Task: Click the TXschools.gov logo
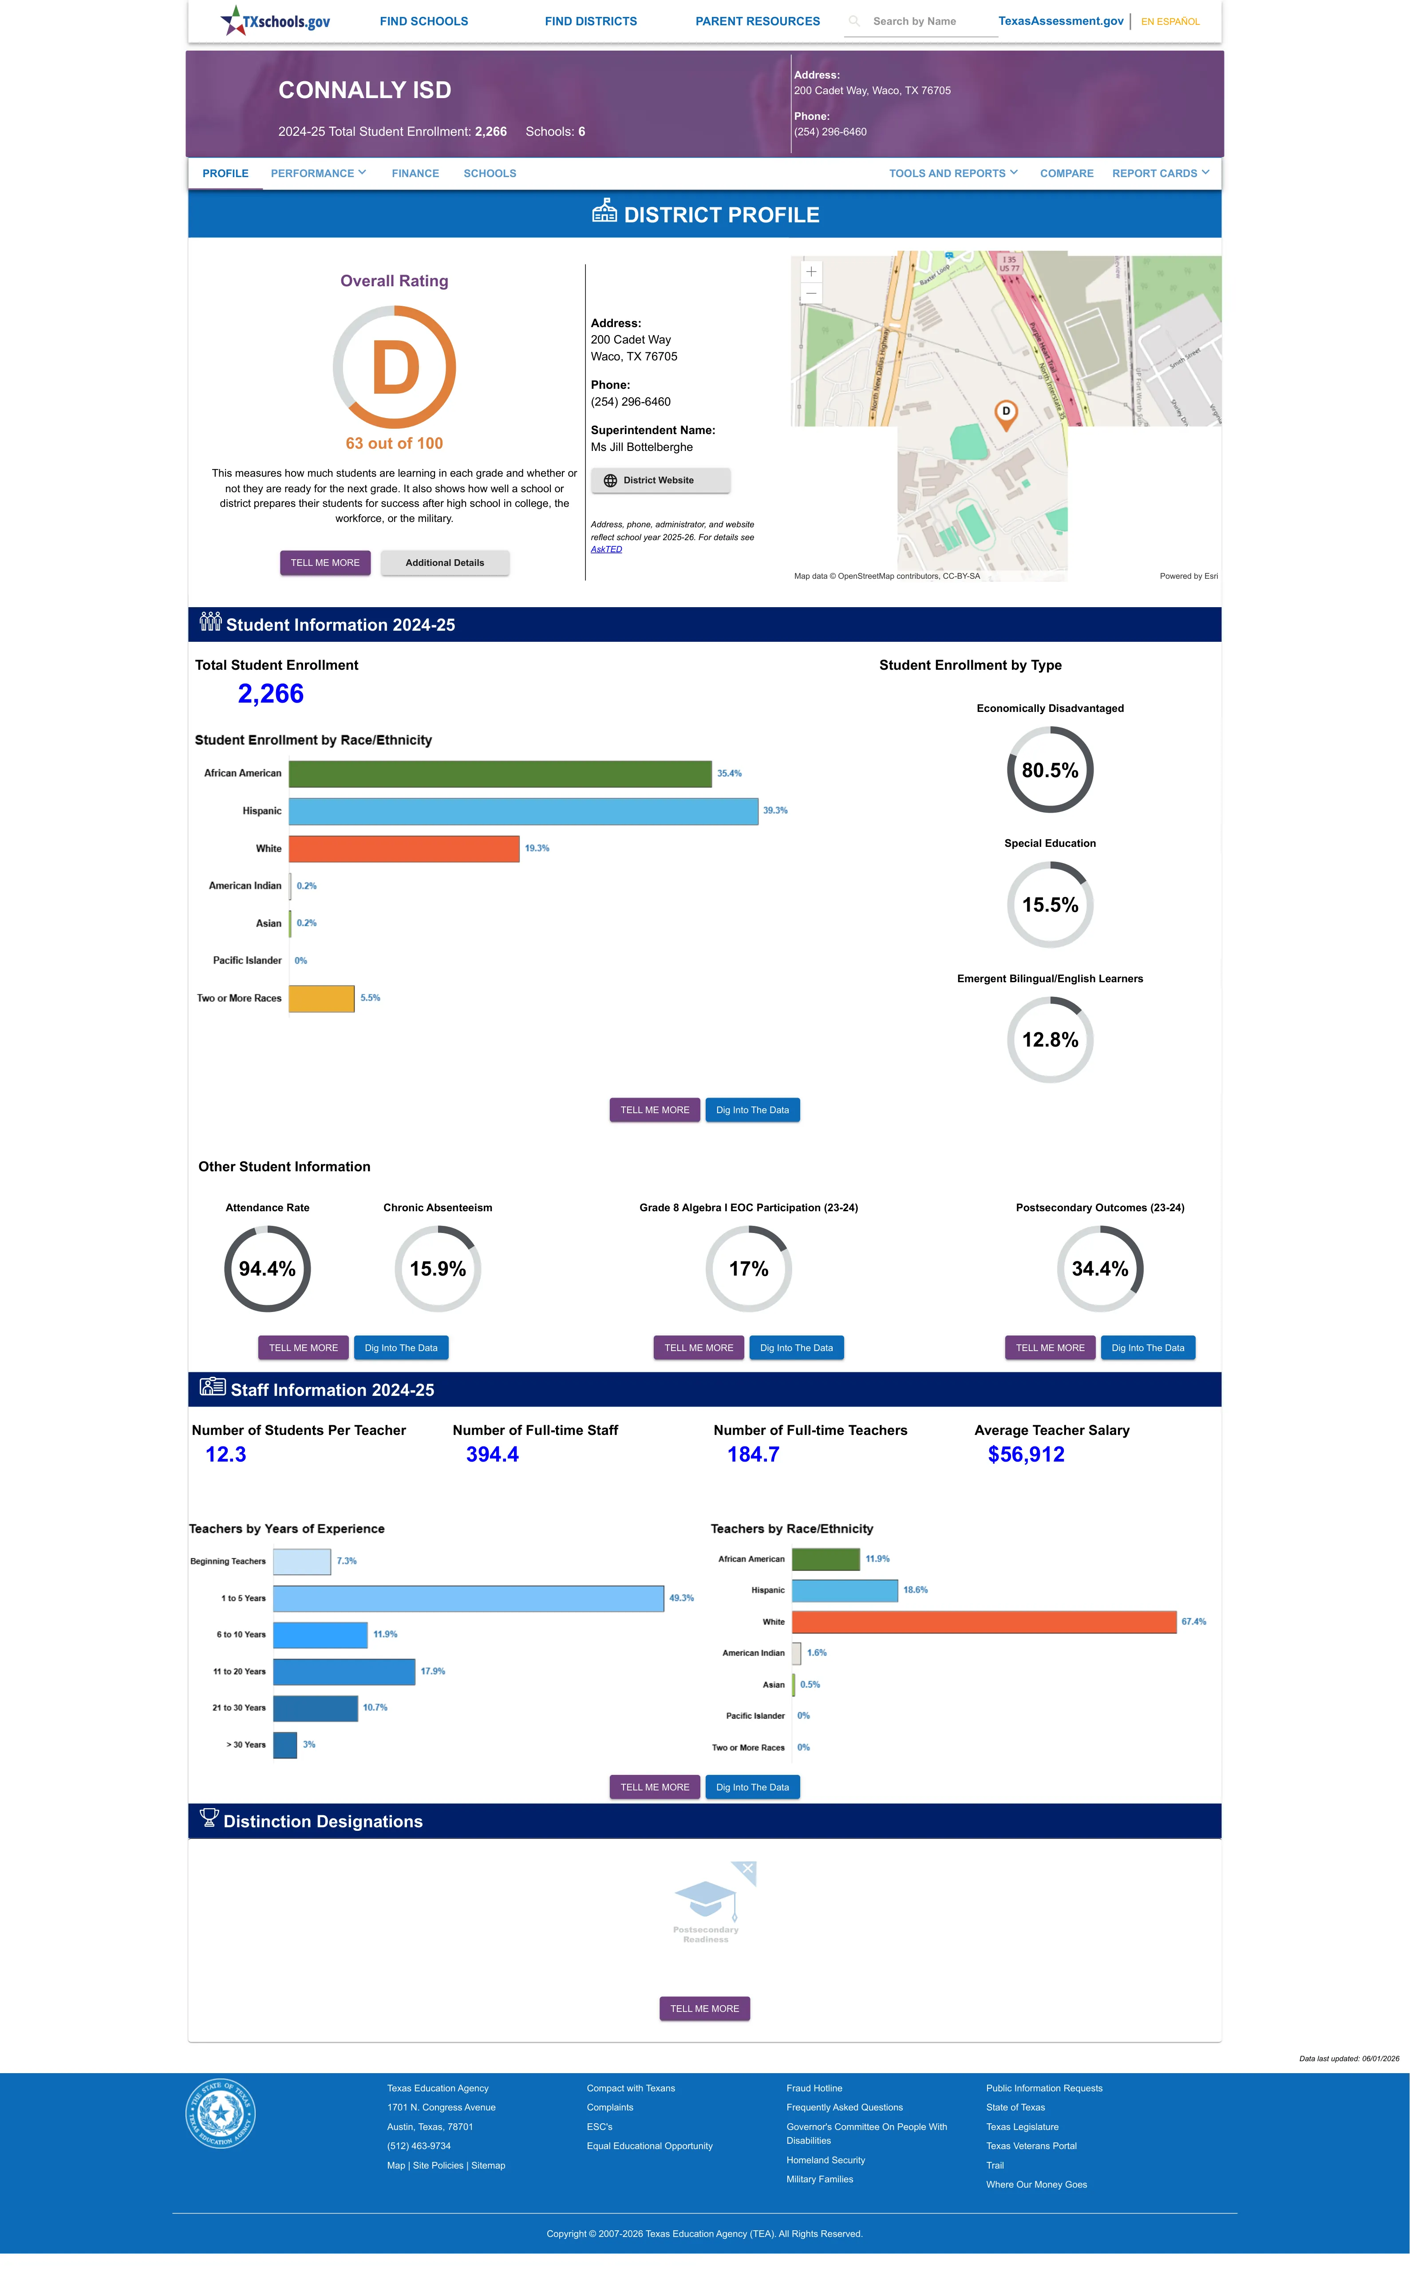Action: pos(275,20)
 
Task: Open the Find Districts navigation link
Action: pos(590,21)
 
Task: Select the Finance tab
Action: pos(415,174)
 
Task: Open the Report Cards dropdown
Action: pos(1160,174)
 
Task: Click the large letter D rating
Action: pos(395,368)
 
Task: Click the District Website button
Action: pos(660,480)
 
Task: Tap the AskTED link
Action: pos(606,549)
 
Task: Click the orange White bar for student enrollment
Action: pos(404,848)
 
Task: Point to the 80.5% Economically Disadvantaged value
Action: pos(1050,770)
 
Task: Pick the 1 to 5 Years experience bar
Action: pos(468,1598)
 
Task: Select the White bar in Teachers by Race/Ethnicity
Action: pos(984,1622)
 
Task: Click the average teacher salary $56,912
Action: pos(1026,1454)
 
